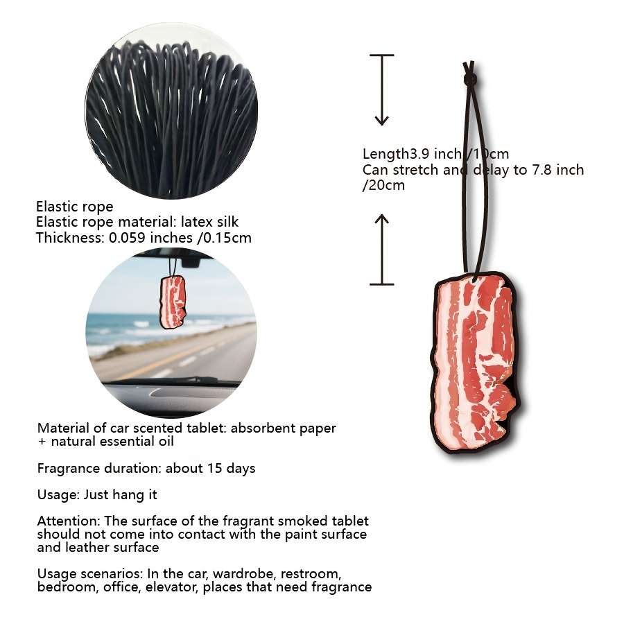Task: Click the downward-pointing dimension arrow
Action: [x=381, y=90]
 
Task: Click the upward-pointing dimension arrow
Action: [x=381, y=250]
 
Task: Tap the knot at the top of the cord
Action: [x=470, y=79]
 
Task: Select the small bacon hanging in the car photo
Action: [x=173, y=302]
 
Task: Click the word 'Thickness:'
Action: [x=71, y=238]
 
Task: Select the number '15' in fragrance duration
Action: [x=214, y=468]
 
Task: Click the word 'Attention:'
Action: [x=69, y=521]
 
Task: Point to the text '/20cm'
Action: [x=383, y=185]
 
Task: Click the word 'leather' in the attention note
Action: [x=87, y=548]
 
